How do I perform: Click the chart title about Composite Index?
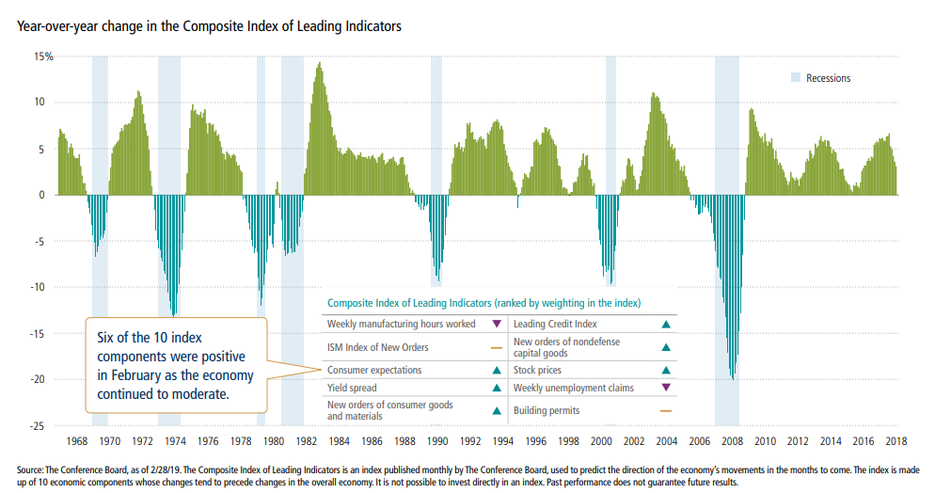click(x=208, y=26)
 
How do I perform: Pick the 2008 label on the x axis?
click(x=731, y=441)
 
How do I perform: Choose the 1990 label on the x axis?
click(x=436, y=441)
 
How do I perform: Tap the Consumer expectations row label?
click(x=374, y=371)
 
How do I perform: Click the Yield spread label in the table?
click(x=354, y=387)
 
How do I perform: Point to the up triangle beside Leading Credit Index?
click(x=666, y=325)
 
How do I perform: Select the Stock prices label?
click(x=537, y=371)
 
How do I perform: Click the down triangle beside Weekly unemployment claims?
click(x=666, y=387)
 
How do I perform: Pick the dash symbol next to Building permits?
click(x=666, y=410)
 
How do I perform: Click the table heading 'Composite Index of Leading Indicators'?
click(x=483, y=303)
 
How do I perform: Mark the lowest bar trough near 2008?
click(x=733, y=379)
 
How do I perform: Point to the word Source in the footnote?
click(x=33, y=469)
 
